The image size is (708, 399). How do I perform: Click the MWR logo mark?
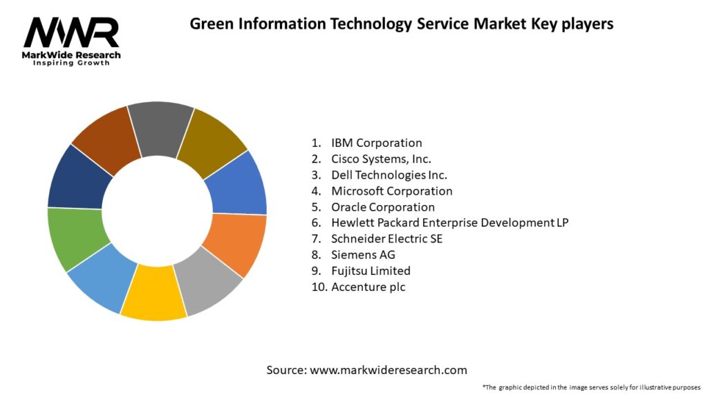pos(72,32)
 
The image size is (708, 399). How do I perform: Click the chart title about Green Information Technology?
pos(401,24)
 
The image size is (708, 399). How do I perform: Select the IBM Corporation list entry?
pos(376,143)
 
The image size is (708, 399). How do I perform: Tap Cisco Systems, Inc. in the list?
pos(381,159)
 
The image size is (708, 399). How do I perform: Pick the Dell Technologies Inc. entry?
pos(389,175)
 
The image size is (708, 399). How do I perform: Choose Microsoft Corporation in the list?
pos(391,190)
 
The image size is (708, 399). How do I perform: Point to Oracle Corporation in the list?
pos(383,206)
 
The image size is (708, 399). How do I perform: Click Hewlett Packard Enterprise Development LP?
pos(449,222)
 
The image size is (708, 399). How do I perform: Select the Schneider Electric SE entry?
pos(386,238)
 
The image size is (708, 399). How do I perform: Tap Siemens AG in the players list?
pos(363,254)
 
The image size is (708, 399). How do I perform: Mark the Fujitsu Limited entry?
pos(371,270)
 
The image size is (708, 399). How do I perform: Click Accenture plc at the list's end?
pos(368,286)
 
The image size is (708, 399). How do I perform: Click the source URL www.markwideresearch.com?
pos(388,370)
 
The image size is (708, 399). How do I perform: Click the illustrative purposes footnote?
pos(592,387)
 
